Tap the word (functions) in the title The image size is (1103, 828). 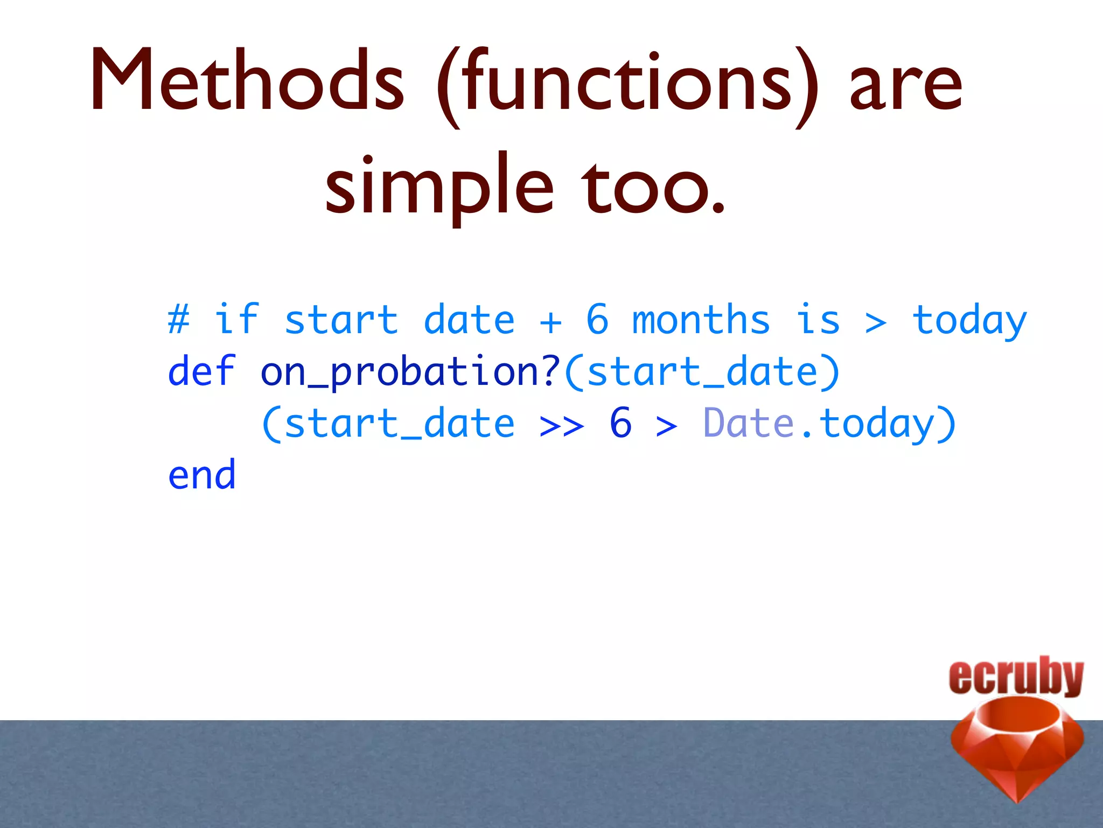tap(627, 84)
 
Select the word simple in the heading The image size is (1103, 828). tap(439, 186)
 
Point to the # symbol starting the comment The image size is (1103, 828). tap(178, 319)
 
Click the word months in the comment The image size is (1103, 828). tap(700, 319)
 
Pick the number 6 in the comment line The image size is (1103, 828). tap(597, 319)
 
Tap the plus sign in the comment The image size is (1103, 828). tap(550, 322)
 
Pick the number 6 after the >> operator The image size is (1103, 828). tap(620, 423)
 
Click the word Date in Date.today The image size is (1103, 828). tap(749, 423)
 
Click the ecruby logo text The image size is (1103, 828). tap(1016, 676)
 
